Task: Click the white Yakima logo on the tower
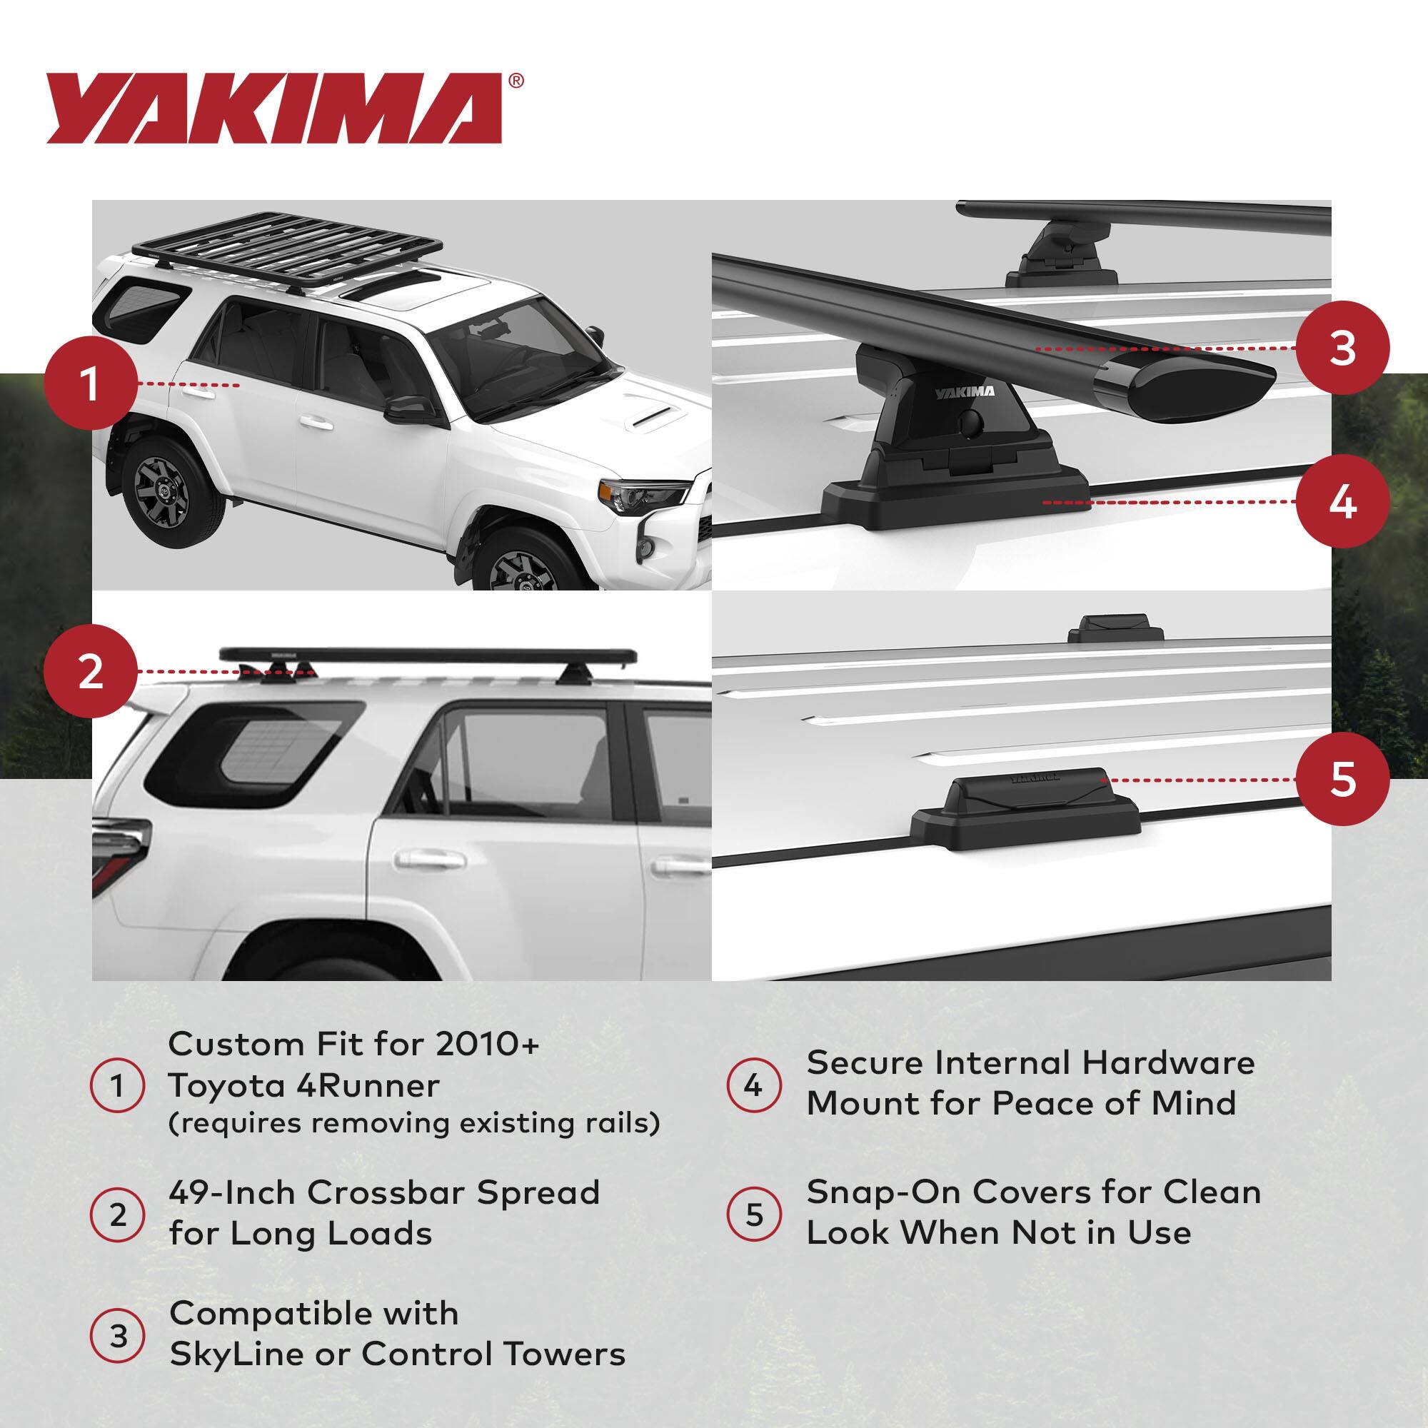point(965,393)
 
